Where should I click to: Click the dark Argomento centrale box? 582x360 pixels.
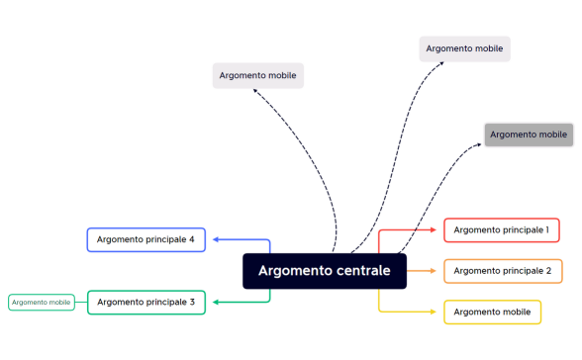[x=325, y=271]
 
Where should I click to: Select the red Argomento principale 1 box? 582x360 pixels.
[x=501, y=230]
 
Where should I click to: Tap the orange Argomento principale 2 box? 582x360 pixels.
[x=502, y=271]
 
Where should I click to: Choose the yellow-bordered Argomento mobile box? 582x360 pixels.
[x=492, y=313]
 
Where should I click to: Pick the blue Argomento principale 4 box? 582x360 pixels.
[x=145, y=239]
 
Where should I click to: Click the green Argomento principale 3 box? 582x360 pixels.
[x=145, y=302]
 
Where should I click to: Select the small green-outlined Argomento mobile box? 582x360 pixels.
[x=42, y=302]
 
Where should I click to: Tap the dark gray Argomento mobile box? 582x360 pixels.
[x=529, y=135]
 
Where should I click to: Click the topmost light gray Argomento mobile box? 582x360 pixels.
[x=464, y=47]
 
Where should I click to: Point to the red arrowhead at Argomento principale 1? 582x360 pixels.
[x=436, y=230]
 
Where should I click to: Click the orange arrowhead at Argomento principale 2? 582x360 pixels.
[x=436, y=271]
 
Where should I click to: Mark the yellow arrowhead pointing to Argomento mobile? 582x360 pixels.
[x=436, y=313]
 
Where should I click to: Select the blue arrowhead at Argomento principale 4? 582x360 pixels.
[x=214, y=239]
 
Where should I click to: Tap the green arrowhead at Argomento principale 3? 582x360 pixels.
[x=214, y=302]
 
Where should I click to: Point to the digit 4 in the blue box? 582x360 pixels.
[x=191, y=239]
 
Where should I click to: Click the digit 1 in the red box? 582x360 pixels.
[x=546, y=230]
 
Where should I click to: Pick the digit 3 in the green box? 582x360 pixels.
[x=191, y=302]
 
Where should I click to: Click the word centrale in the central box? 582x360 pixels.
[x=359, y=271]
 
